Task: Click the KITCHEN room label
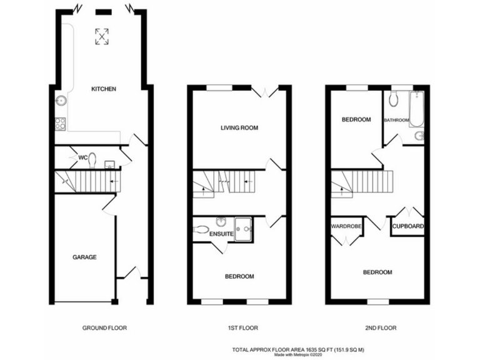(103, 89)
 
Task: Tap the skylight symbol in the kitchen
(101, 36)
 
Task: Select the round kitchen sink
(62, 101)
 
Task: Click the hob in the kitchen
(61, 124)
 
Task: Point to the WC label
(82, 157)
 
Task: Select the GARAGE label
(84, 257)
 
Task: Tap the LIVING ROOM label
(239, 127)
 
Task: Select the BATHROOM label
(396, 120)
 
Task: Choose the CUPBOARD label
(409, 226)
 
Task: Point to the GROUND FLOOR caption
(104, 327)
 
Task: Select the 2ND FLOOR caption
(381, 327)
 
